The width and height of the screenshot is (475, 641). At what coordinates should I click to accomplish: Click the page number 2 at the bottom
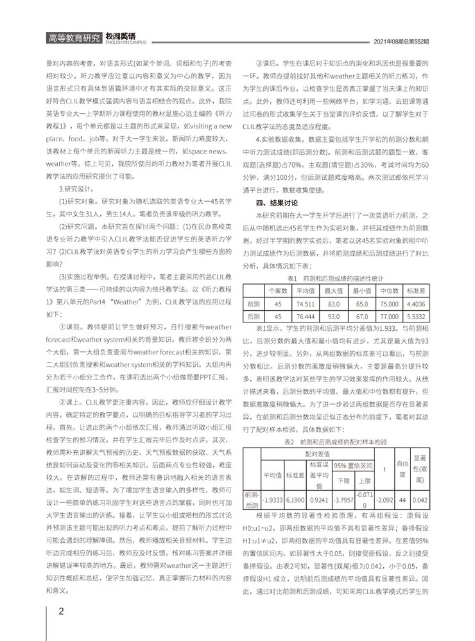pos(61,611)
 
